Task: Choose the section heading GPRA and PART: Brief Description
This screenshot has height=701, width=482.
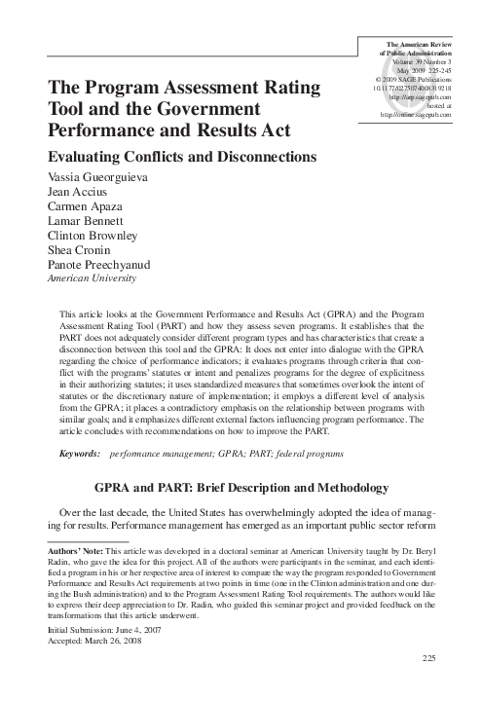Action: [241, 488]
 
